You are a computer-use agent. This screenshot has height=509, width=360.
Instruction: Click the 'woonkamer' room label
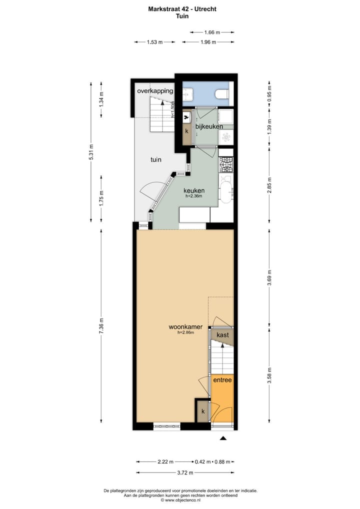[185, 327]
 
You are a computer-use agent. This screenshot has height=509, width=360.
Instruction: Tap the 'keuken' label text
[193, 190]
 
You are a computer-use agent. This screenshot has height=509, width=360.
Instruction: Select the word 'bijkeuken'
[208, 127]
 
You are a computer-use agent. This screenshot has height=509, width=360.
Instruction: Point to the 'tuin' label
[156, 160]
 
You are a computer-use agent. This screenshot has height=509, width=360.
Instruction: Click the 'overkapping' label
[155, 91]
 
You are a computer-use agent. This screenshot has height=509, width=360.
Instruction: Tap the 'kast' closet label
[222, 334]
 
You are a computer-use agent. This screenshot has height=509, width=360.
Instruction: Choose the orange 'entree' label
[222, 380]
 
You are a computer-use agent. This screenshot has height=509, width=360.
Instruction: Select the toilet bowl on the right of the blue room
[221, 94]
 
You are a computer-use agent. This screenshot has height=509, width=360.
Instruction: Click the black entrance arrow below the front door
[223, 438]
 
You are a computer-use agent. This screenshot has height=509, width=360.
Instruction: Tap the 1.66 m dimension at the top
[212, 32]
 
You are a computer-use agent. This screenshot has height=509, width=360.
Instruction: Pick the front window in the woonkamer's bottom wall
[167, 426]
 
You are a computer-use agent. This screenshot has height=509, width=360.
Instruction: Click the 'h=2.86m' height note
[185, 333]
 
